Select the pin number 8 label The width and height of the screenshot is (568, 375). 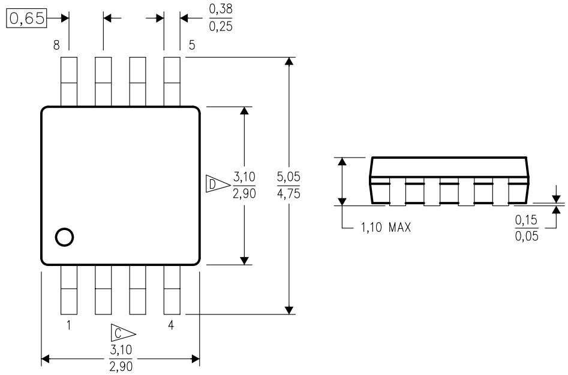coord(56,46)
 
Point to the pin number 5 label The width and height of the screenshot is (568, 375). coord(191,46)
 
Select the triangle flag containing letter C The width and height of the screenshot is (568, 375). coord(121,333)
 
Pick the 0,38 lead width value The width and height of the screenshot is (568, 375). coord(221,10)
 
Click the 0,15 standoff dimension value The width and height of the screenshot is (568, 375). coord(526,220)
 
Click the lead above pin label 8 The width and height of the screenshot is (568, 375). coord(69,81)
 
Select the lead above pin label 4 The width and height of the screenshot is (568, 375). coord(172,290)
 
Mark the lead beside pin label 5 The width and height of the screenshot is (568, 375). coord(172,81)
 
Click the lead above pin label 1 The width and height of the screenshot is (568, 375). coord(69,290)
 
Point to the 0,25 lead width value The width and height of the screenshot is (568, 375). coord(221,26)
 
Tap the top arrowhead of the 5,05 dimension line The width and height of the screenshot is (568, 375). coord(290,62)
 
